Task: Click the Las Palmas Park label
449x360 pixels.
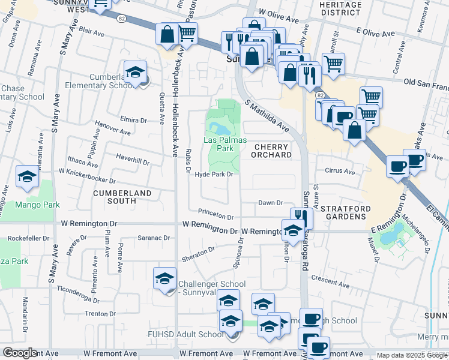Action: [225, 143]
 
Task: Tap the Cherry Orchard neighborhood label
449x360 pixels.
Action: [273, 151]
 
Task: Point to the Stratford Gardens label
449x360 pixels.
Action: [343, 212]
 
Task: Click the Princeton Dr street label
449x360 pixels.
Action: [216, 216]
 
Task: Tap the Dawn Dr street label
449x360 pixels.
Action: [270, 203]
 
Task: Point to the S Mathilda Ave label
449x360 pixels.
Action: [268, 116]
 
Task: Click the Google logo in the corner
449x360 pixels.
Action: [20, 353]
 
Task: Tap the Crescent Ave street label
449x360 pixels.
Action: [330, 280]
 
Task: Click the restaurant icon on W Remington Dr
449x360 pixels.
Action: [301, 218]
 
